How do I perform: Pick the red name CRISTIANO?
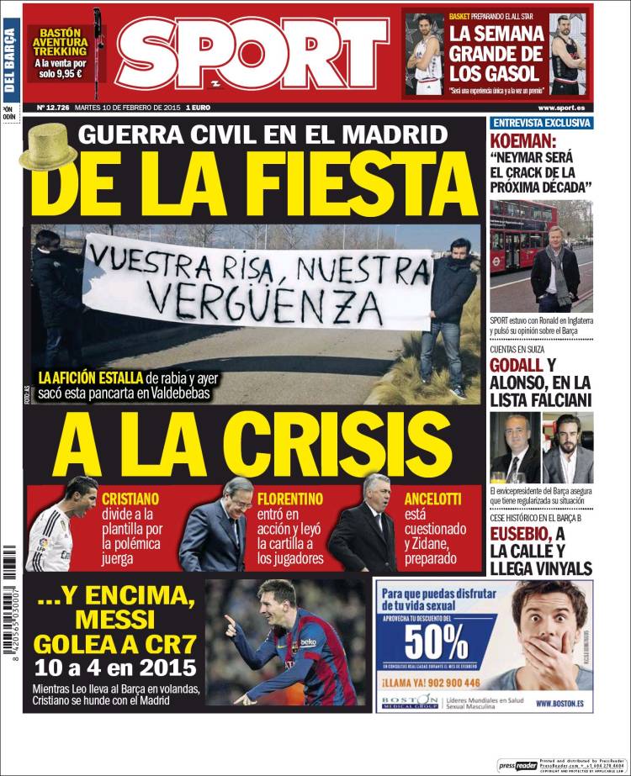(130, 499)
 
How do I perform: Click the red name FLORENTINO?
(289, 499)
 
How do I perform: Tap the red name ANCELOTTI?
(432, 499)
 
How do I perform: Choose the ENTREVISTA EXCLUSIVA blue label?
(541, 123)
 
